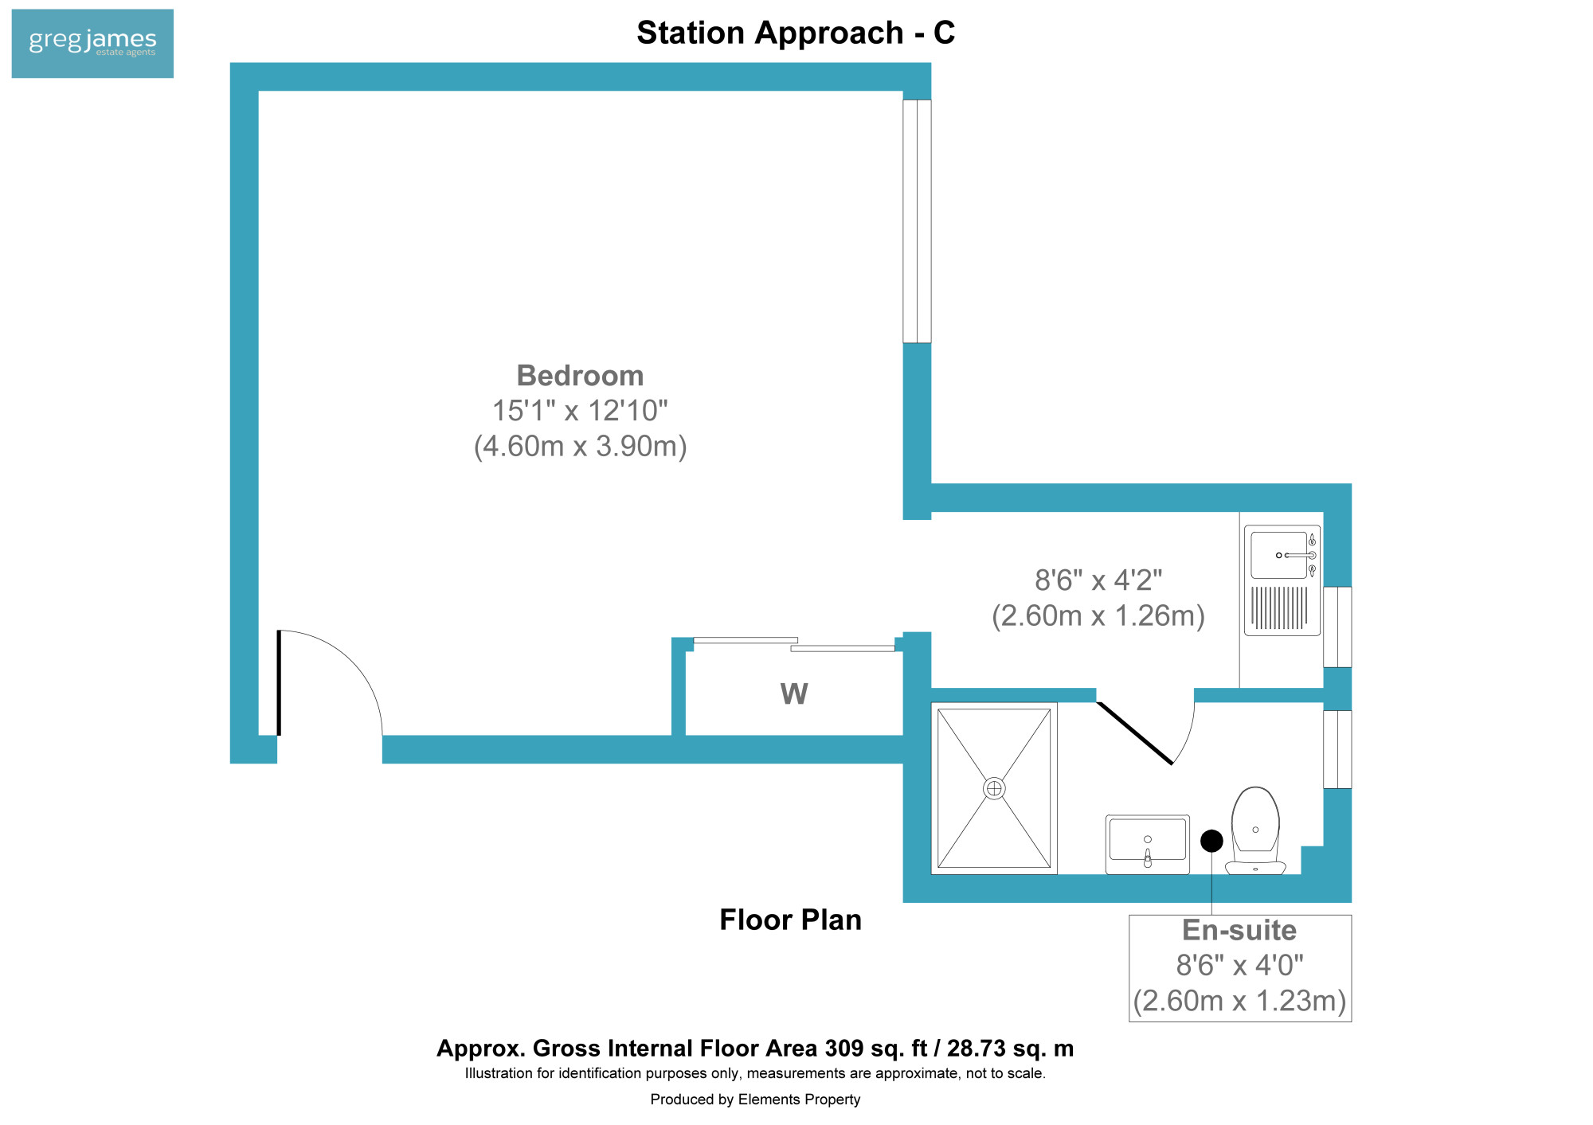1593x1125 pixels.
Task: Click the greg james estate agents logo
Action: tap(92, 43)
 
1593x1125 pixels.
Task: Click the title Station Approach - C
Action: tap(796, 33)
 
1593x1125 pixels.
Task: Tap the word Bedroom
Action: tap(580, 375)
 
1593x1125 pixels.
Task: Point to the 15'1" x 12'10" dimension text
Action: tap(580, 411)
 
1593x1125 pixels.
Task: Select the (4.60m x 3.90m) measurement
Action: tap(580, 446)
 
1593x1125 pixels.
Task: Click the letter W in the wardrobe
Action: tap(794, 693)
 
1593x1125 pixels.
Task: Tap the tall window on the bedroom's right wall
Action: tap(917, 221)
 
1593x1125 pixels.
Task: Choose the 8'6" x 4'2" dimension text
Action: tap(1098, 580)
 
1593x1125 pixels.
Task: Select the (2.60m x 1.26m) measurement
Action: tap(1098, 615)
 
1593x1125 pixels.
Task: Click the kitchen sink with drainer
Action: tap(1282, 580)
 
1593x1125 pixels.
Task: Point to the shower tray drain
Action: tap(994, 788)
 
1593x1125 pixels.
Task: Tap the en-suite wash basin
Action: tap(1148, 844)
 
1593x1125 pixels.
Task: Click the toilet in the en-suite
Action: tap(1255, 830)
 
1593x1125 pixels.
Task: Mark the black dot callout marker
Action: tap(1211, 841)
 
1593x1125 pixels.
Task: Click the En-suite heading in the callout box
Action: tap(1239, 930)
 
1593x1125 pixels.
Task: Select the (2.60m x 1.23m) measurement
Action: tap(1239, 1001)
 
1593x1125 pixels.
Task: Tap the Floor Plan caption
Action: tap(790, 920)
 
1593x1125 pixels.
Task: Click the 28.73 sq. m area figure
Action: tap(1010, 1048)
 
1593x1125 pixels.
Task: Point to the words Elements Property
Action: tap(799, 1100)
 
